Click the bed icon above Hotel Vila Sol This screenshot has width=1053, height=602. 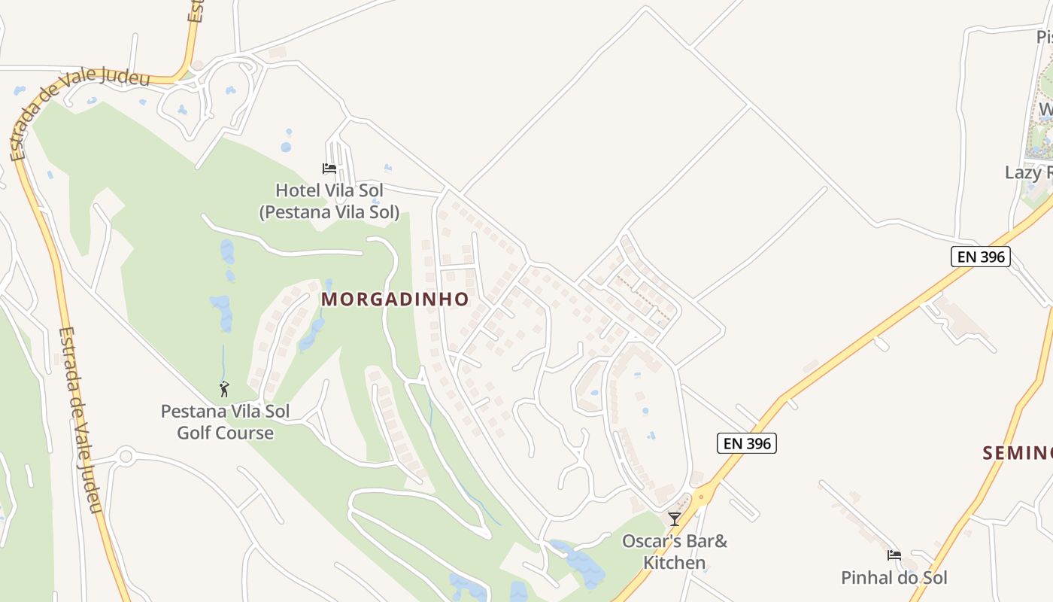point(329,169)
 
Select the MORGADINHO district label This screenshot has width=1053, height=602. point(395,299)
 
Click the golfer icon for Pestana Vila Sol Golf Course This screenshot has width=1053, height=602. point(224,389)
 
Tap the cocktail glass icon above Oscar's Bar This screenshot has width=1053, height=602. point(675,519)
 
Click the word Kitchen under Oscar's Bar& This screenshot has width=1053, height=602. point(675,563)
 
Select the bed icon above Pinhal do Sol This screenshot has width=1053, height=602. point(894,555)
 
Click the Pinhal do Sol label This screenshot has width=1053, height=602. point(894,578)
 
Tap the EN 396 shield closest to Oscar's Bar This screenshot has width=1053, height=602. point(746,444)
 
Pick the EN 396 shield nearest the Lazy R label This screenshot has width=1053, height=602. point(980,257)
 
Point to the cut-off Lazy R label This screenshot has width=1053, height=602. point(1028,173)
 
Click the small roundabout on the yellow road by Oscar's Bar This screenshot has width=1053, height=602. point(702,496)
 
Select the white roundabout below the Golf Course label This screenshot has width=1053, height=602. point(125,455)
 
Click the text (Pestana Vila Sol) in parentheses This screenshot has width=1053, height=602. point(329,212)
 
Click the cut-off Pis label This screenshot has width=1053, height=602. point(1044,37)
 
